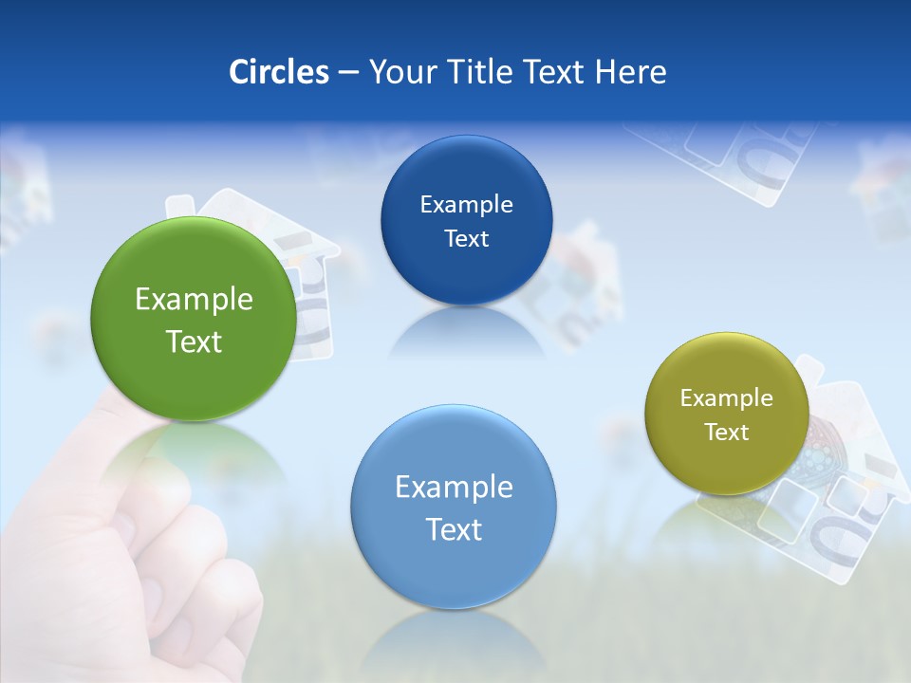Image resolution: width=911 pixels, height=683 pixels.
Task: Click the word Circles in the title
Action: pos(279,72)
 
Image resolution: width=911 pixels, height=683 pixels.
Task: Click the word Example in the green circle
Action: pos(194,300)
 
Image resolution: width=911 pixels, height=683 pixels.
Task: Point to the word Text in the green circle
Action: pos(194,341)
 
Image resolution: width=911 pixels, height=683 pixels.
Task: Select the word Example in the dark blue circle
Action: pos(466,205)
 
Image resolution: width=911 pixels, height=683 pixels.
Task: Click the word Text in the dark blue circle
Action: pos(466,238)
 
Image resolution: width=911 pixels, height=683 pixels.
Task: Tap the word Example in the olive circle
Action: pos(727,398)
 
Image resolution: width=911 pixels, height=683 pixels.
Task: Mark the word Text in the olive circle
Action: pos(727,433)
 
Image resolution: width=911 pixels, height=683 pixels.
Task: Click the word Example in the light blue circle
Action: pos(454,488)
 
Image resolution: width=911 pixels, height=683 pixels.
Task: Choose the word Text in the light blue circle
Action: pos(454,529)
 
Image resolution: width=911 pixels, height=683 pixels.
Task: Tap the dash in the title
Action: pos(348,72)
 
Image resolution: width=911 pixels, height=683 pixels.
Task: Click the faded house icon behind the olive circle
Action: pos(835,474)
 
